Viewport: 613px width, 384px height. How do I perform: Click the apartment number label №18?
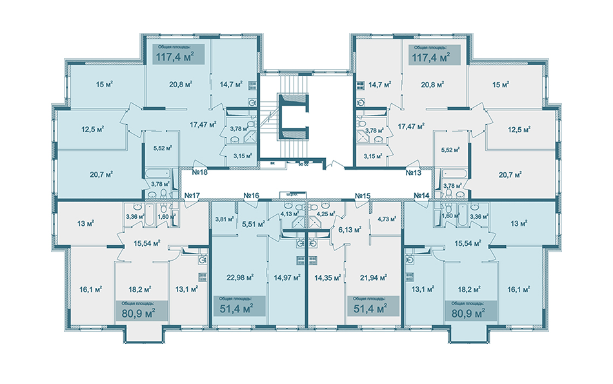coord(199,173)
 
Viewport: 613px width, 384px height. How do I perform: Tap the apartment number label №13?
coord(413,173)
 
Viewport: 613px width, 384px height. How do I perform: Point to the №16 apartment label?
coord(251,196)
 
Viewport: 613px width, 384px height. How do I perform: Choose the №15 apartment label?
coord(362,196)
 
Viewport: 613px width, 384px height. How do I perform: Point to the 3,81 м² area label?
coord(224,219)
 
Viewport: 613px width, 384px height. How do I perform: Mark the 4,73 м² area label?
coord(388,219)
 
